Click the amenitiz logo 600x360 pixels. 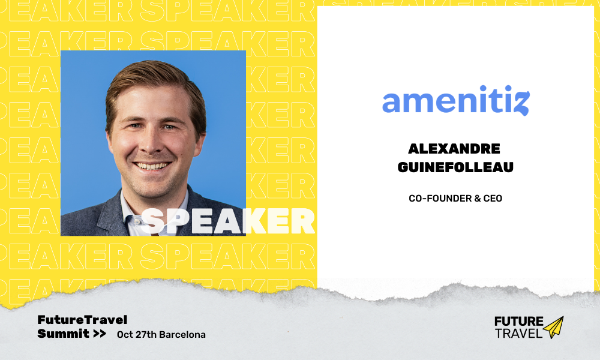click(456, 100)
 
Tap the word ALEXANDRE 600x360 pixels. click(454, 148)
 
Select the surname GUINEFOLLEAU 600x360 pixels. click(455, 167)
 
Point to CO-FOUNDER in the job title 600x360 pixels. click(440, 198)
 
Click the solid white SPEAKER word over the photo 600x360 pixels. click(228, 221)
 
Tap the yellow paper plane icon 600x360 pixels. click(553, 327)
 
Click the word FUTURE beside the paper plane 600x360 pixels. click(519, 321)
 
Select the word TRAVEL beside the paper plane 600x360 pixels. click(519, 333)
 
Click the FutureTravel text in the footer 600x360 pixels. click(82, 319)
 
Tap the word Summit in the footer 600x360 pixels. click(63, 334)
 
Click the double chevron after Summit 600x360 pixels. click(100, 334)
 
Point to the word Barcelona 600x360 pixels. click(182, 334)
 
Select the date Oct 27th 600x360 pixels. click(137, 334)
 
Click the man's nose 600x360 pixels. click(151, 142)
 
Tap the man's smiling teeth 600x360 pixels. click(152, 166)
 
